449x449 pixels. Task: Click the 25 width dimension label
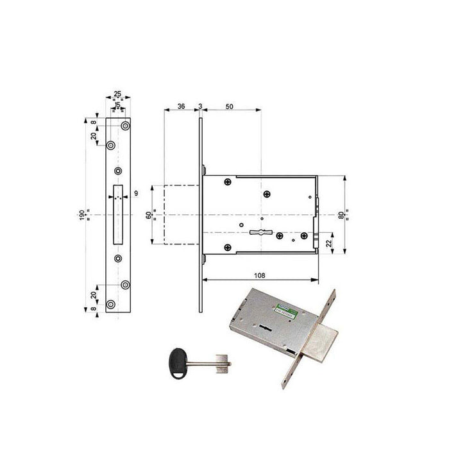point(117,94)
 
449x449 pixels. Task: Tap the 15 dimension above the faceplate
point(117,105)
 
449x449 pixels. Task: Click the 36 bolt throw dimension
point(182,106)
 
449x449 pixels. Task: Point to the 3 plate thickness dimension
point(201,106)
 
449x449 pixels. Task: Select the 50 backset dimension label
point(230,106)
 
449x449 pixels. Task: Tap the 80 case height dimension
point(350,214)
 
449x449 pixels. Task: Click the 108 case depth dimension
point(259,275)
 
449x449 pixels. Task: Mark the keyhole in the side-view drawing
point(260,232)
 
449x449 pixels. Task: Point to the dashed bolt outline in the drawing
point(183,214)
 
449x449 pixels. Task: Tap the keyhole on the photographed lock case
point(264,329)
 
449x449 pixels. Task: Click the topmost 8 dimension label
point(94,122)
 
